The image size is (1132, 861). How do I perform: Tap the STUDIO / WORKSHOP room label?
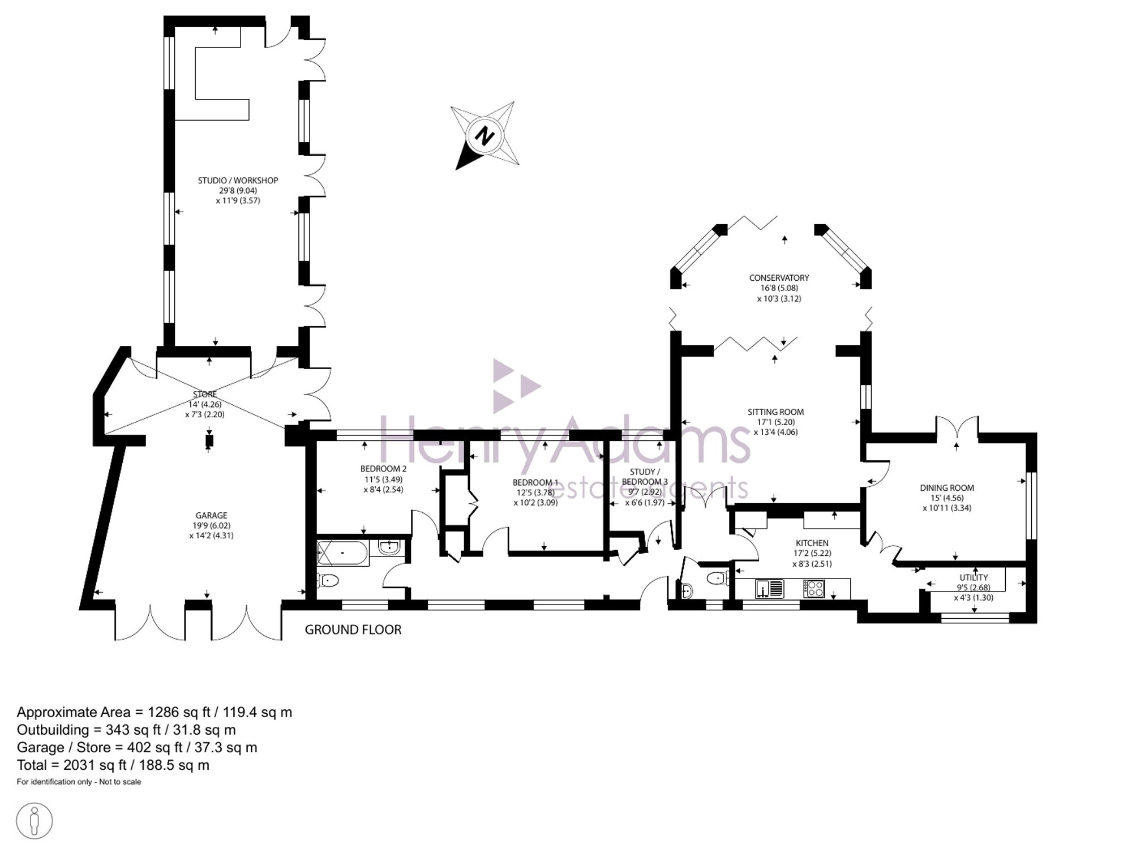point(238,181)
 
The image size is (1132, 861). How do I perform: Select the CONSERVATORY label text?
point(779,278)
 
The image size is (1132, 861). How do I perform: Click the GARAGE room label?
point(211,516)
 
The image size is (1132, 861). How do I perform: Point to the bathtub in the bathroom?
point(342,553)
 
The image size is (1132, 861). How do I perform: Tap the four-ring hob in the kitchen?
point(814,589)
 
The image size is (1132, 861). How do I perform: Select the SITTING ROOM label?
point(775,412)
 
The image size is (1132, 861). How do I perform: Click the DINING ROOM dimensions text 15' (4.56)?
point(946,498)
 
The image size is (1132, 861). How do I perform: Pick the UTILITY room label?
point(974,577)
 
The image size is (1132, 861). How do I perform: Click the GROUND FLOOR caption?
point(353,629)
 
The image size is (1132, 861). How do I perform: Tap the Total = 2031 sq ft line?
point(113,765)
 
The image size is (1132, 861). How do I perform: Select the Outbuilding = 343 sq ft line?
point(126,730)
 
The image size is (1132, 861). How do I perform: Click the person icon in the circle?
point(35,820)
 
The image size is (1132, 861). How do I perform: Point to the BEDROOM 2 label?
point(383,469)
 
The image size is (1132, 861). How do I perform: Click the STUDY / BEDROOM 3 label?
point(645,477)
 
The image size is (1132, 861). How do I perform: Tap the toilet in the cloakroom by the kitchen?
point(718,579)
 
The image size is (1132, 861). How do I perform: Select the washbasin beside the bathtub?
point(389,547)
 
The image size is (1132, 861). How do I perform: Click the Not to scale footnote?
point(120,782)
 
